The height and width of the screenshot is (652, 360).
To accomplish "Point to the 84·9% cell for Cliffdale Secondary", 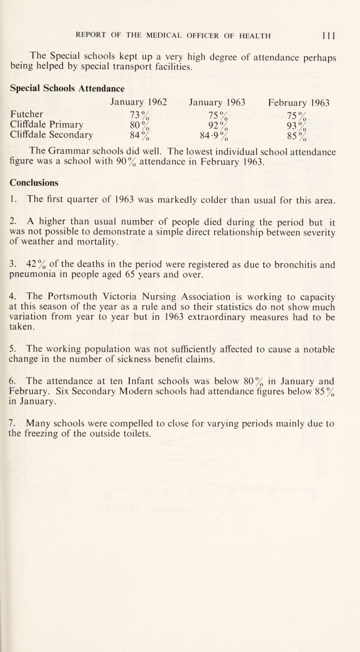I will point(214,135).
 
